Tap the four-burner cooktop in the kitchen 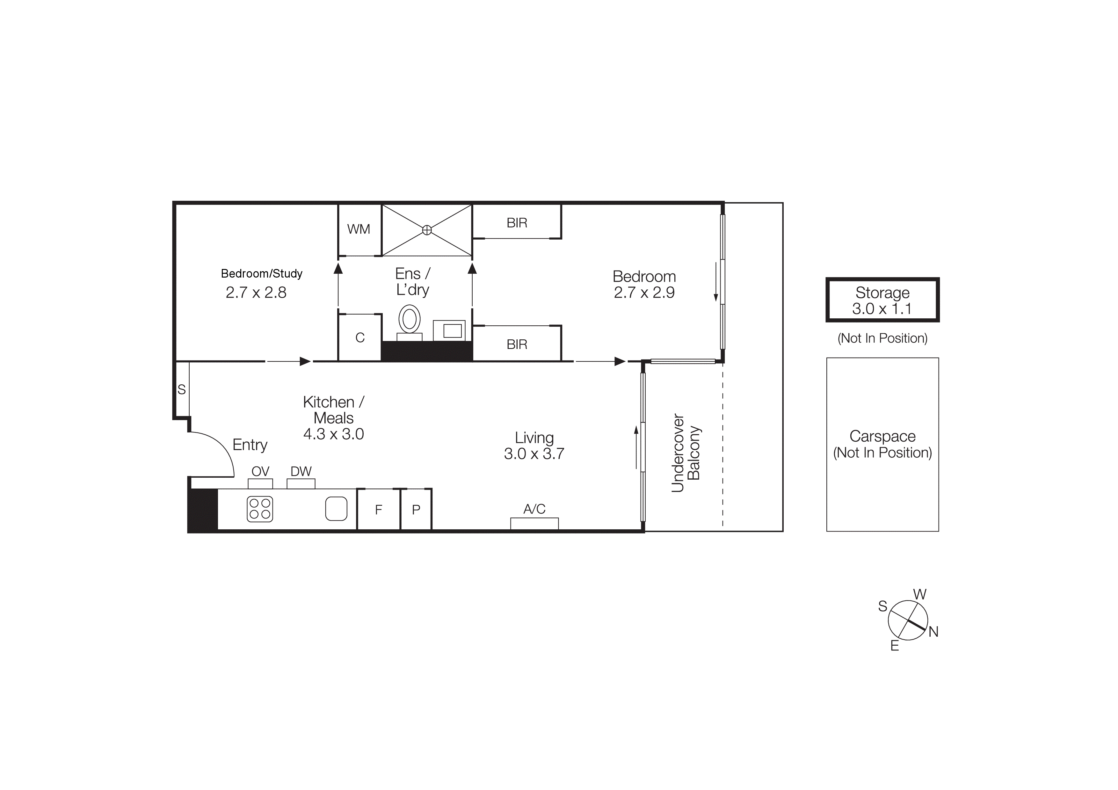pos(259,509)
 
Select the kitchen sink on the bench pos(336,509)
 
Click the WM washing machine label pos(359,229)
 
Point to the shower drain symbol pos(426,230)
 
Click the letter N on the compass pos(933,632)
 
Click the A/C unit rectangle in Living pos(534,523)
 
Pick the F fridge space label pos(378,510)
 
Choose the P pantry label pos(416,510)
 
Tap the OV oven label pos(260,471)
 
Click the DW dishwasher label pos(301,471)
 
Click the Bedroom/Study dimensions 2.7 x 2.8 pos(256,293)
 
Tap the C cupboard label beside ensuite pos(360,338)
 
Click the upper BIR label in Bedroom pos(517,223)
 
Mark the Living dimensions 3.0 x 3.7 pos(534,454)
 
